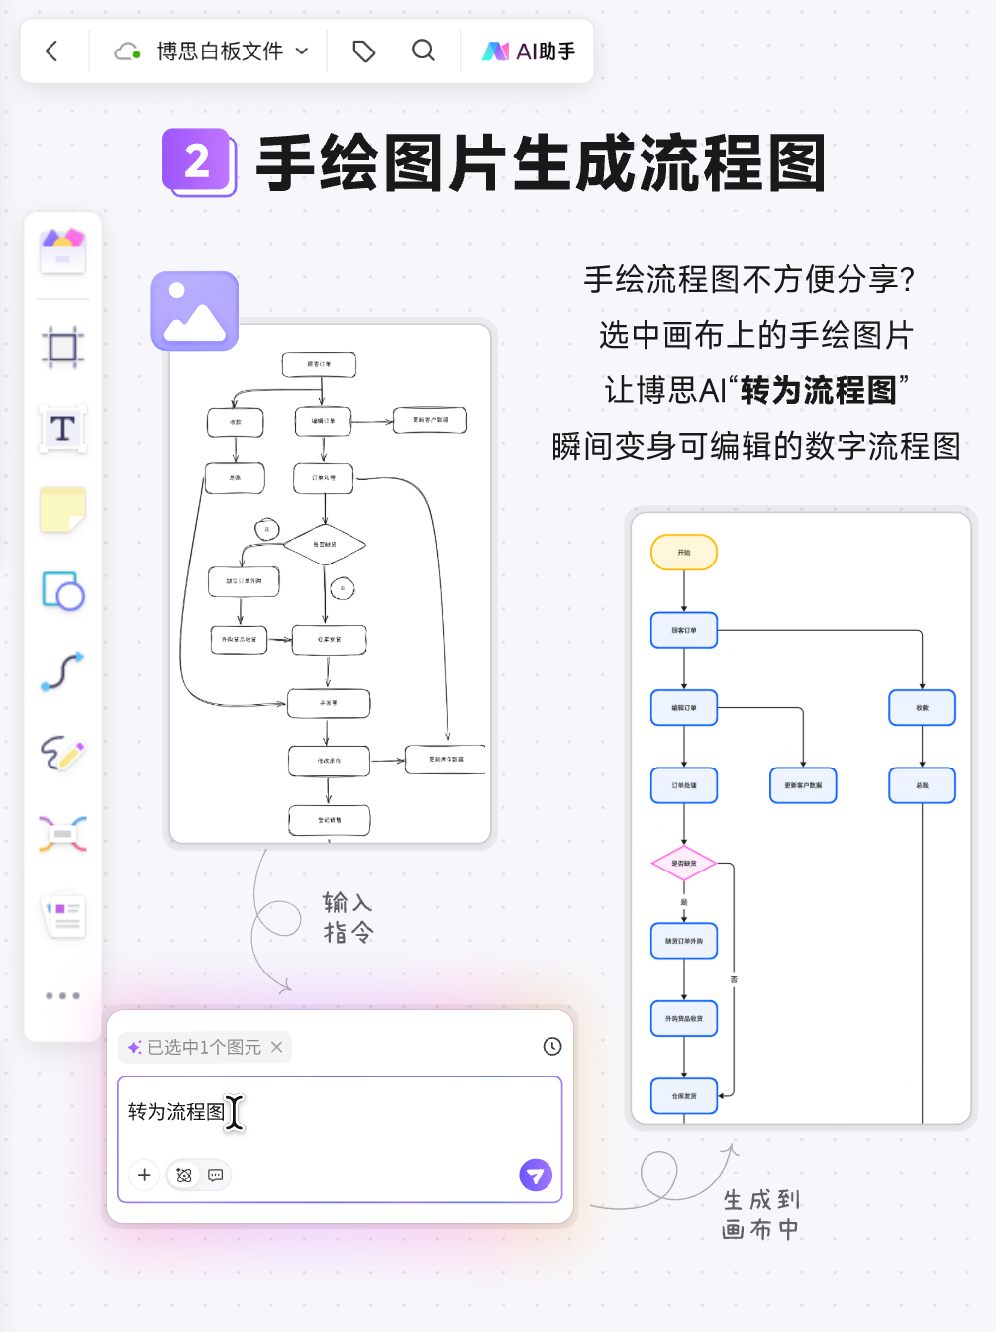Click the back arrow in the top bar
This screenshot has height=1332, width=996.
coord(52,51)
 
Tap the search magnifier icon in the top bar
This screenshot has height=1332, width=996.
coord(423,51)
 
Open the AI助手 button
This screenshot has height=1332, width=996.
coord(529,51)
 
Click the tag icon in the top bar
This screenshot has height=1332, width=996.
coord(364,51)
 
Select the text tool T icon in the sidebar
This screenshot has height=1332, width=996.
coord(62,429)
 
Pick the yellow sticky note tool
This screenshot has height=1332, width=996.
coord(62,510)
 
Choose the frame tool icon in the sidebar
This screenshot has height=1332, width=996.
coord(62,348)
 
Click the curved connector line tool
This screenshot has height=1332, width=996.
coord(62,671)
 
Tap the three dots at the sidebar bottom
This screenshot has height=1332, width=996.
coord(62,995)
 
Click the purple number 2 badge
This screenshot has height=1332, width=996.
coord(198,161)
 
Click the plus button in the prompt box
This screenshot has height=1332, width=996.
coord(145,1175)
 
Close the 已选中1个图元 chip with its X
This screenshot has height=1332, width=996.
coord(277,1047)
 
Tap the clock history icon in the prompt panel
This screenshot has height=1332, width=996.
coord(552,1046)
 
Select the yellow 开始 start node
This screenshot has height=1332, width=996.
coord(684,553)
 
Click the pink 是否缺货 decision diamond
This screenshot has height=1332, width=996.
coord(684,864)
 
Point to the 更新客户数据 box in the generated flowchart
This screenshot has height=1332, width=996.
coord(803,785)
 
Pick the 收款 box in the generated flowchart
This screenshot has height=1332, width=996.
coord(922,708)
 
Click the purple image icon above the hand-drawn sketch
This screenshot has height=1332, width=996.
coord(195,311)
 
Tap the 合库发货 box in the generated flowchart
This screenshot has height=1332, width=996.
coord(684,1096)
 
